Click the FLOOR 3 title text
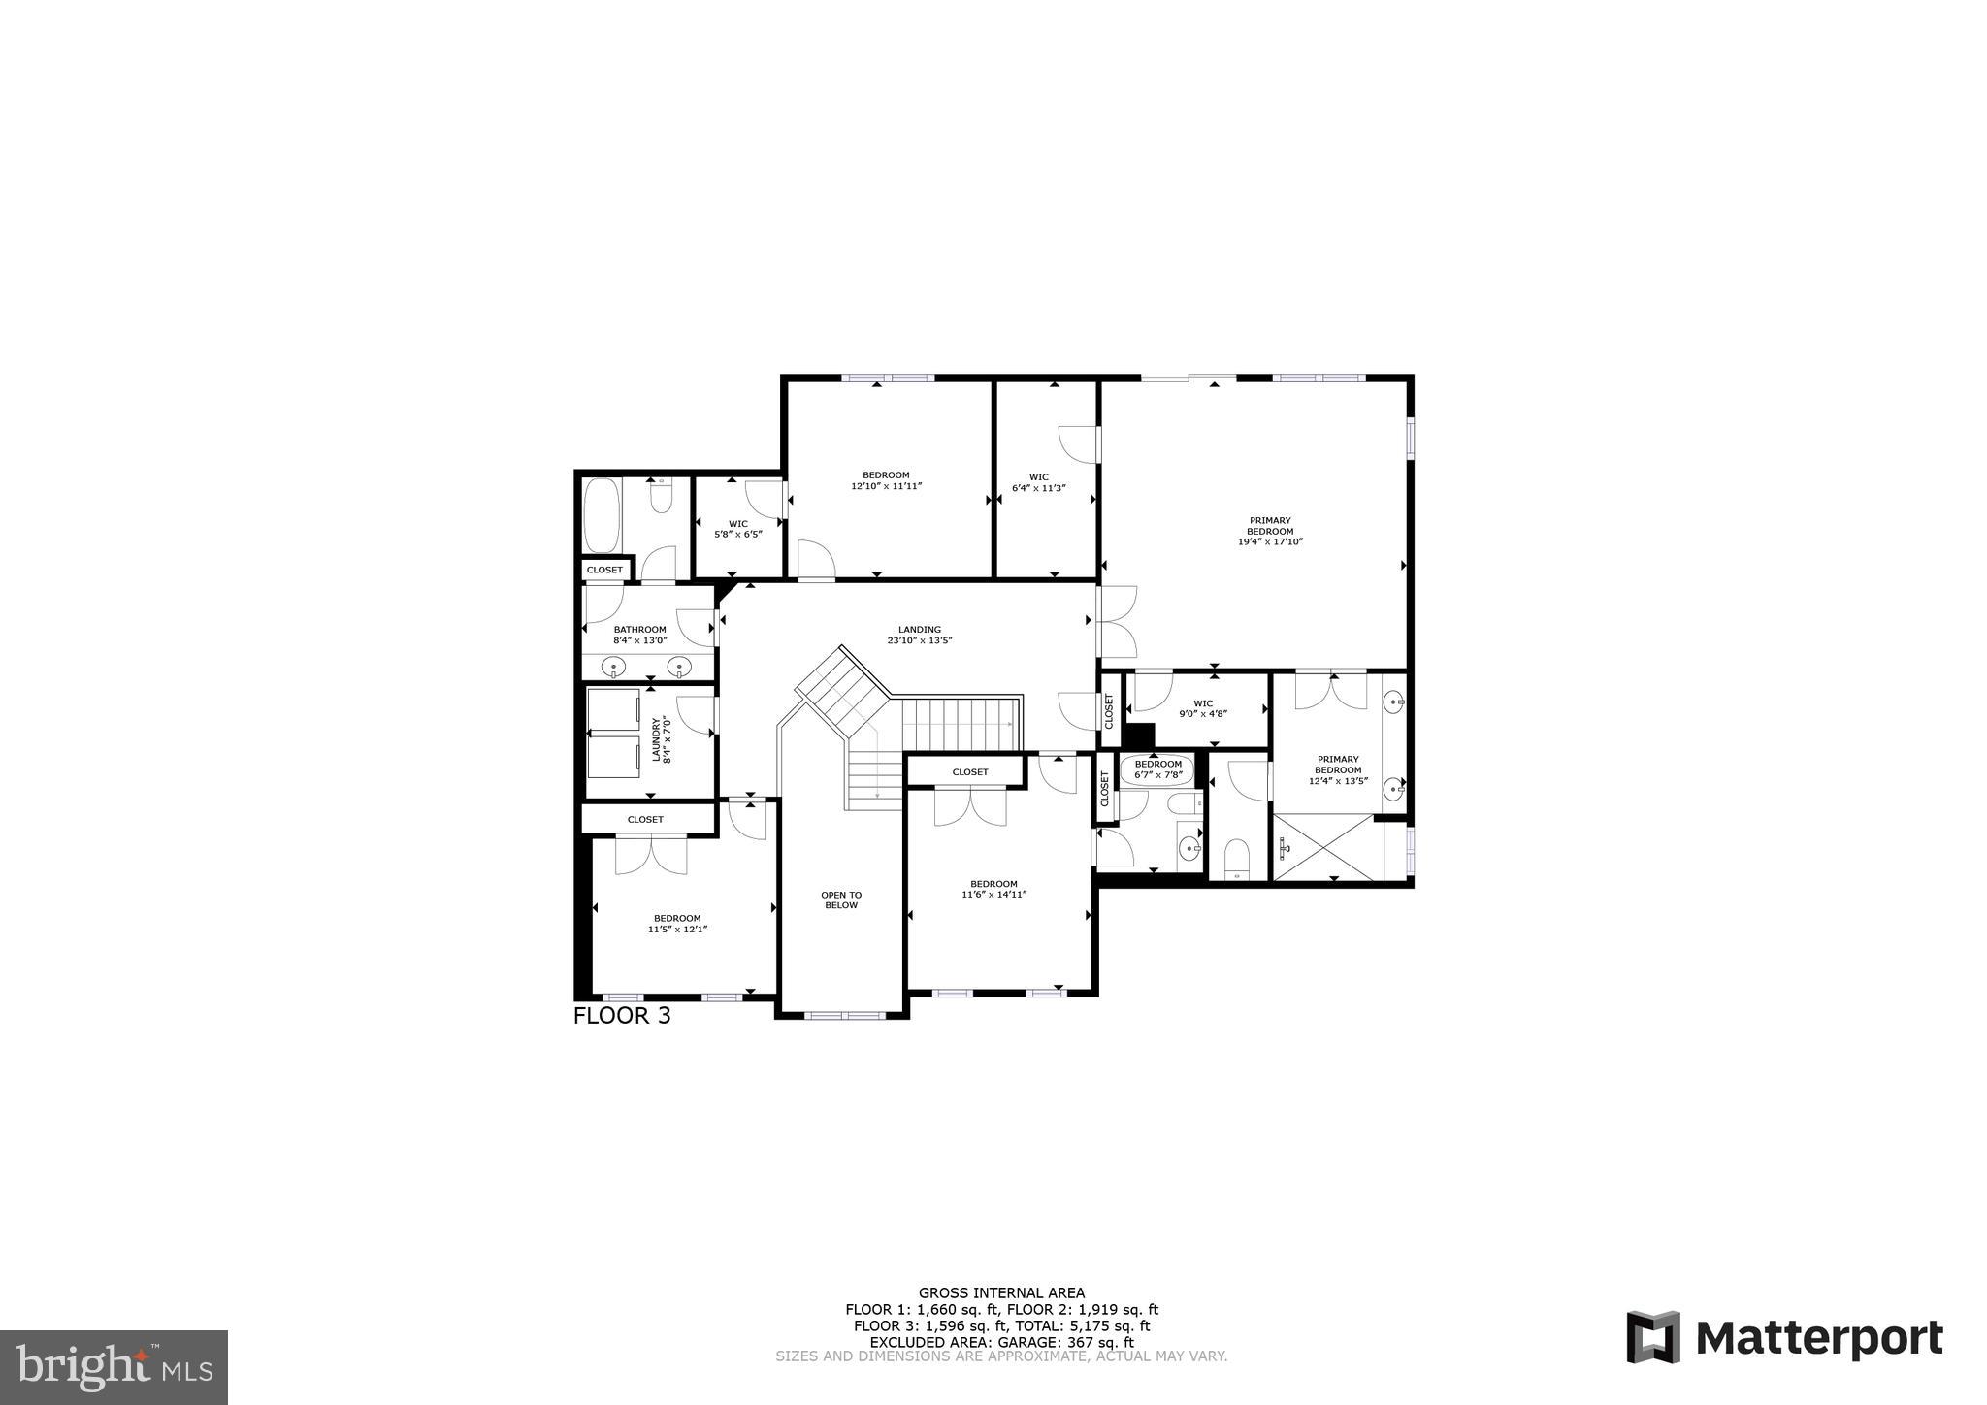pos(621,1016)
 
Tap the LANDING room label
pos(919,630)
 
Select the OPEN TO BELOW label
pos(840,899)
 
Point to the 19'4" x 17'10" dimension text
pos(1269,541)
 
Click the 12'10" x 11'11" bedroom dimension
pos(886,485)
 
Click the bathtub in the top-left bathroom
pos(603,515)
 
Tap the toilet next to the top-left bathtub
pos(662,497)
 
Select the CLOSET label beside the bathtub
pos(604,570)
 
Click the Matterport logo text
pos(1818,1339)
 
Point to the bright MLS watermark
pos(114,1367)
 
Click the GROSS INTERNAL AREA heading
pos(1001,1292)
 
